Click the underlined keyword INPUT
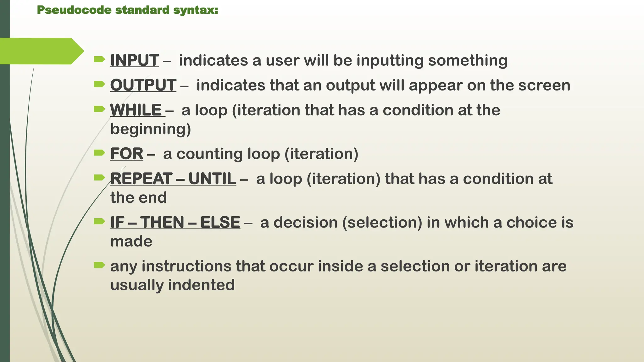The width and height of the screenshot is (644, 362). pos(134,60)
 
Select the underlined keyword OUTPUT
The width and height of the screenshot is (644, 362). pos(143,85)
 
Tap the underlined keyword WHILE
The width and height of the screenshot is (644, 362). pos(136,110)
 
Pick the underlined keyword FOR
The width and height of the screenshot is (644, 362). pos(126,154)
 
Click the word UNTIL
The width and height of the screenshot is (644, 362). pos(212,179)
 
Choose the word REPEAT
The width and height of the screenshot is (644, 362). pos(141,179)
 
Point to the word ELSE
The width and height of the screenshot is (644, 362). pos(220,222)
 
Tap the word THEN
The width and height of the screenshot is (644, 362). pos(162,222)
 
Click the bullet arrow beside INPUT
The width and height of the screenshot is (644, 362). pos(99,59)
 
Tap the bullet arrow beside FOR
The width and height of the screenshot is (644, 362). pos(99,153)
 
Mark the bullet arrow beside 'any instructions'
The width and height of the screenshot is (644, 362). pos(99,265)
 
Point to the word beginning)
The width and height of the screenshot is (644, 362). pos(151,129)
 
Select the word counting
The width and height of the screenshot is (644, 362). pos(209,154)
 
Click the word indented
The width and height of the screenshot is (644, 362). pos(201,285)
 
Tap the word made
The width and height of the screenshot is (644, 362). pos(131,241)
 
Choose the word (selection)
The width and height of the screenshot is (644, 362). pos(382,222)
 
